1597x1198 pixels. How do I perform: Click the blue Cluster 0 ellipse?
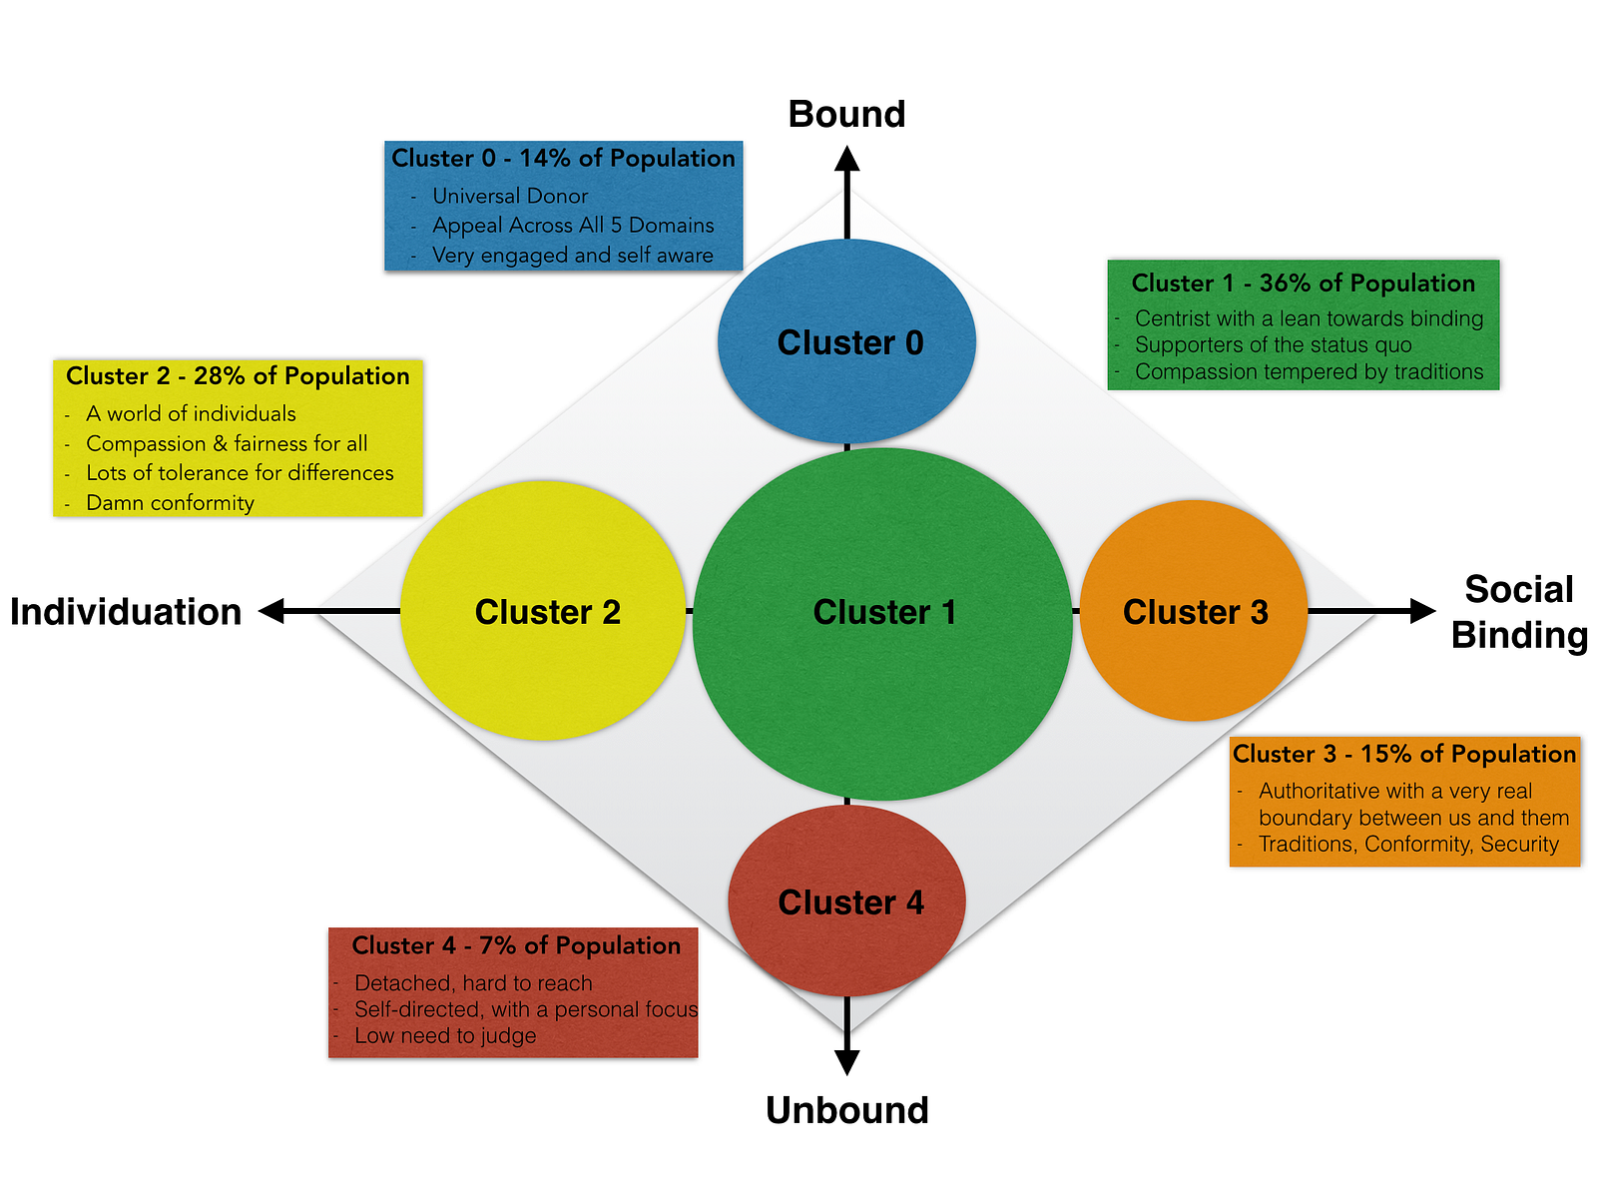click(x=846, y=341)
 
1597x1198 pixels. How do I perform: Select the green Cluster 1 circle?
click(x=882, y=624)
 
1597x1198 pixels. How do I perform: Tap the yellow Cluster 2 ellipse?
click(x=543, y=610)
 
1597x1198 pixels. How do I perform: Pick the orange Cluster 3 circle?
click(x=1194, y=610)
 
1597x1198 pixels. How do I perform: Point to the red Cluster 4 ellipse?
click(x=846, y=900)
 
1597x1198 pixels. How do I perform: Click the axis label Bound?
click(x=846, y=114)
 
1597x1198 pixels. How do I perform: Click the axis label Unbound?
click(x=846, y=1110)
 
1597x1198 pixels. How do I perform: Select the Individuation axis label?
click(x=126, y=611)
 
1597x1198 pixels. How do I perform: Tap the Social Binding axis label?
click(x=1519, y=612)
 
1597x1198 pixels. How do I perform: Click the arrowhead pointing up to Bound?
click(x=847, y=159)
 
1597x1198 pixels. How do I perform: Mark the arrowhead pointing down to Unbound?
click(x=847, y=1062)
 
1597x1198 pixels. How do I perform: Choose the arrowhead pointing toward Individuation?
click(x=272, y=611)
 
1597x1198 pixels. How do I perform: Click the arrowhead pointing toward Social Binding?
click(x=1421, y=611)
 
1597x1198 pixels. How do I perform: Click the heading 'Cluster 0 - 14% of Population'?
click(x=563, y=158)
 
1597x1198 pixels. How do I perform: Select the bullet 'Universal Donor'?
click(x=510, y=196)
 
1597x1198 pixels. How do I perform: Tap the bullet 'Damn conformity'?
click(x=170, y=502)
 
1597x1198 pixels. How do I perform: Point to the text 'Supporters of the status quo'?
click(x=1274, y=344)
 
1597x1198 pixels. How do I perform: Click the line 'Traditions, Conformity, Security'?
click(x=1408, y=844)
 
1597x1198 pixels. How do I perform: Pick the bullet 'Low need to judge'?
click(x=445, y=1035)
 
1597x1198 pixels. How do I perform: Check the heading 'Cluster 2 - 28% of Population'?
click(x=238, y=375)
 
